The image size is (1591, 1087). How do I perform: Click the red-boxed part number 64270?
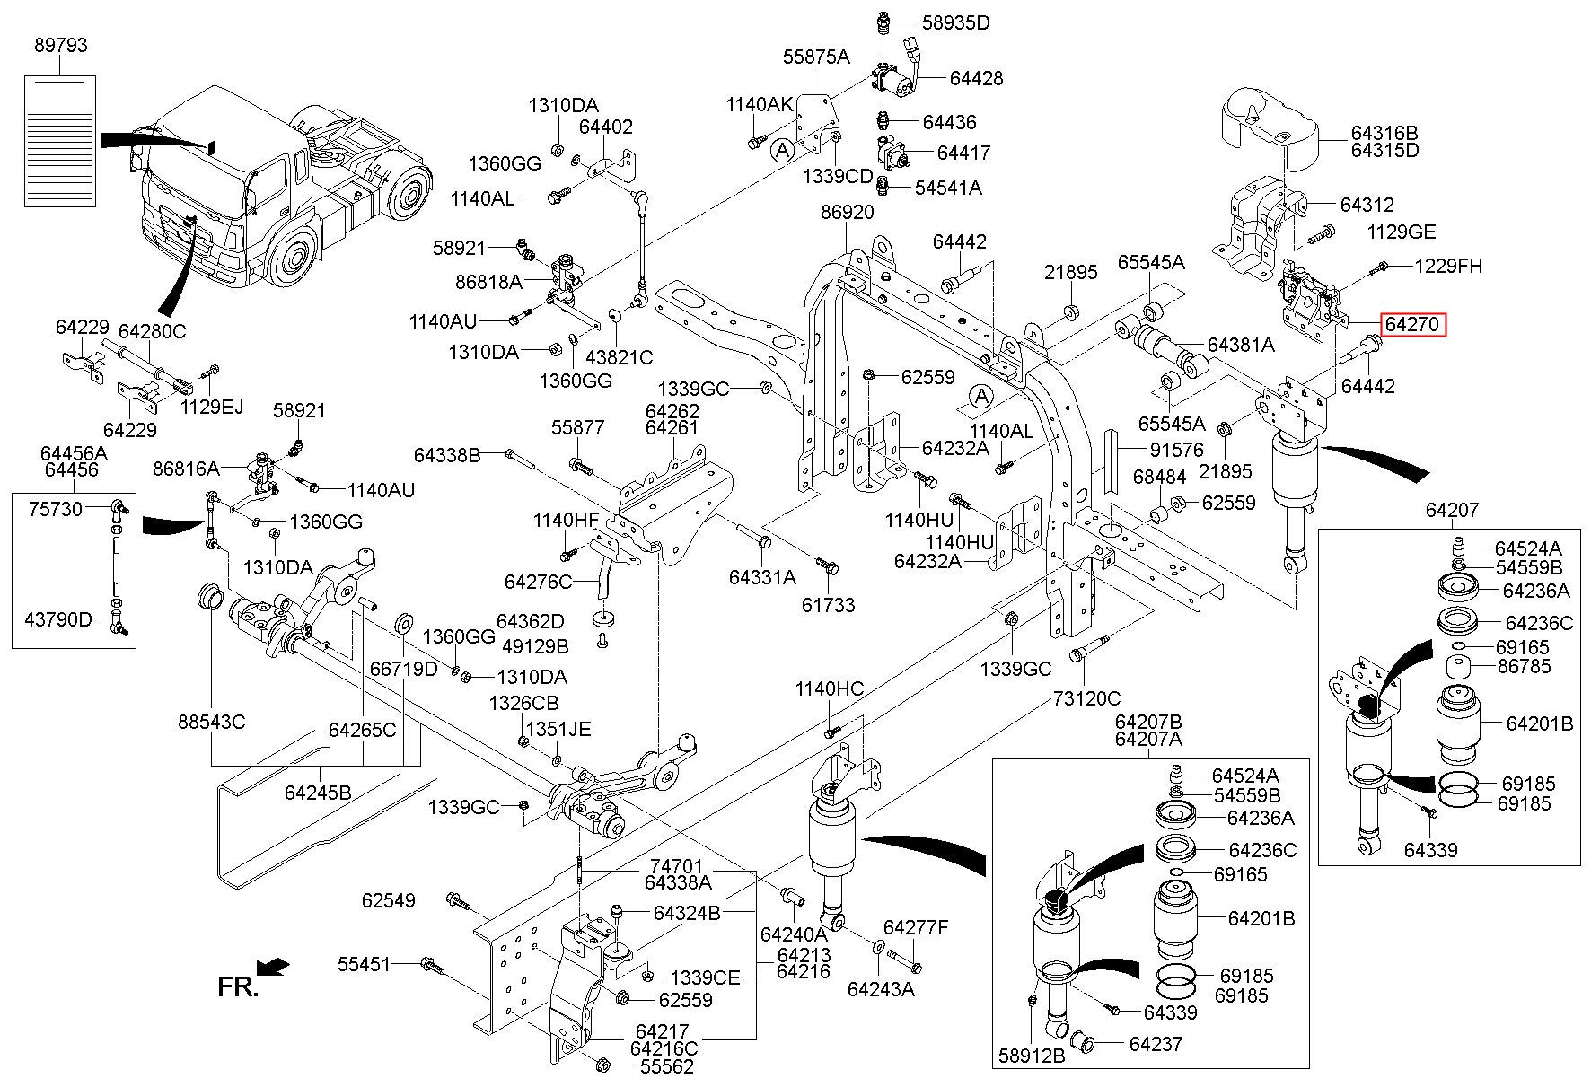click(1414, 324)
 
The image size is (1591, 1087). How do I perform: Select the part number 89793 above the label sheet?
click(61, 45)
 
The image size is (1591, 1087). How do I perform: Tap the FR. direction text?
click(238, 987)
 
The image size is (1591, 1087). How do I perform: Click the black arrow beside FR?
click(273, 966)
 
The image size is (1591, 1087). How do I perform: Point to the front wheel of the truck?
click(292, 258)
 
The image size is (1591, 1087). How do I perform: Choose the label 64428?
click(976, 79)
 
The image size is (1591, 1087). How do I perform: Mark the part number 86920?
click(847, 213)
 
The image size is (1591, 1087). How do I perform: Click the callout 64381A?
click(1241, 345)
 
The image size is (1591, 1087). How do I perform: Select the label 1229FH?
click(1448, 266)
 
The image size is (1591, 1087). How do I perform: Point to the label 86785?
click(1524, 666)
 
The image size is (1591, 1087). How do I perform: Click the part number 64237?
click(1156, 1044)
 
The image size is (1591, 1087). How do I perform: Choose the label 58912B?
click(1032, 1056)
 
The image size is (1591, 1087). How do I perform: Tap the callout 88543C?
click(211, 722)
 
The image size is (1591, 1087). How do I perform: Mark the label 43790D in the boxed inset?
click(58, 618)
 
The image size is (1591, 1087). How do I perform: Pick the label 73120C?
click(1086, 698)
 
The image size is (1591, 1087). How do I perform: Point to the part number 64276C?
click(538, 582)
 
